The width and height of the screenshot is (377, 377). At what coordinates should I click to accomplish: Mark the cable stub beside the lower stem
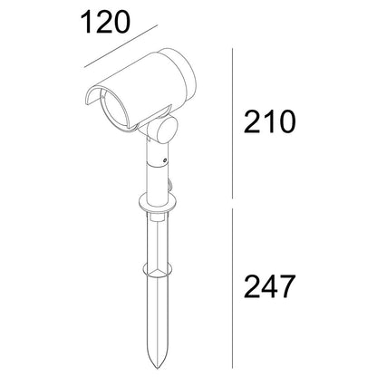[x=172, y=188]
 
